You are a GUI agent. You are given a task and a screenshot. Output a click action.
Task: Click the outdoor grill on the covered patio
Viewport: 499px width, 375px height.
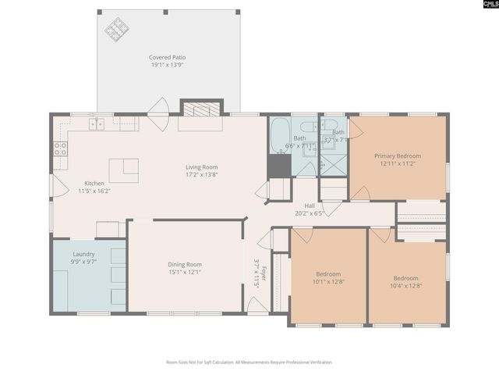[118, 29]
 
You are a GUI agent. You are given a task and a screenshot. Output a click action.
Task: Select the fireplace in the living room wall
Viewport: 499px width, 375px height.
[202, 109]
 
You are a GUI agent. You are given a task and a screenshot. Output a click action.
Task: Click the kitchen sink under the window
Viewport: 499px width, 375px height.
[97, 123]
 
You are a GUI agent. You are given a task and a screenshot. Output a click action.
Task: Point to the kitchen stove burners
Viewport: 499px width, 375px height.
[60, 148]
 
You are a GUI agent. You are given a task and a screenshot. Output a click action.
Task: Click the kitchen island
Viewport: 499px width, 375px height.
[123, 170]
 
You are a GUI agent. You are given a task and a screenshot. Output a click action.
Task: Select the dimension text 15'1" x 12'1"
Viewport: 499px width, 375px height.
[185, 272]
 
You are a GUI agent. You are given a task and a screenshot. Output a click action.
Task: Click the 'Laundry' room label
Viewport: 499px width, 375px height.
[83, 254]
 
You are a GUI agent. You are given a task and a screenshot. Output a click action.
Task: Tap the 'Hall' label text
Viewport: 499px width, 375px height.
[310, 205]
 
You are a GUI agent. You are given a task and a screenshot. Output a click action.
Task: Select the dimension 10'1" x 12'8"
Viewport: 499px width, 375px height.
[328, 281]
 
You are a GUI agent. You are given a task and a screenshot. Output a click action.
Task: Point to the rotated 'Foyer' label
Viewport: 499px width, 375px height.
[264, 273]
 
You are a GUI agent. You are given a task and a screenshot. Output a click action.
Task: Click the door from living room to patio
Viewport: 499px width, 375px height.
[159, 109]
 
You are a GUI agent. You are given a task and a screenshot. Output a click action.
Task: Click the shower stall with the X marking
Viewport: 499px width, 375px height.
[335, 163]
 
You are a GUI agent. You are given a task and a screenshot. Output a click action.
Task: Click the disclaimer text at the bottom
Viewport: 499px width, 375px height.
[249, 362]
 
